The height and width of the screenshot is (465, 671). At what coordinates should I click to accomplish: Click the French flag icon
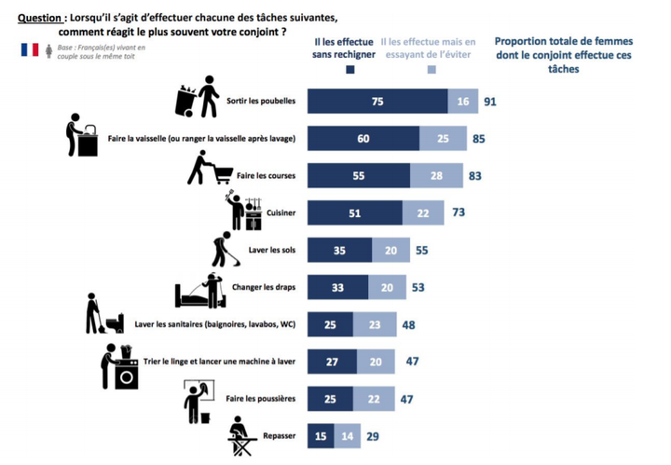pos(30,49)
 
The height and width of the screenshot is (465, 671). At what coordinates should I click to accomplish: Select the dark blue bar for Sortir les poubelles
pos(377,102)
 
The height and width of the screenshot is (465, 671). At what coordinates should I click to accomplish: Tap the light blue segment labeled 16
pos(463,102)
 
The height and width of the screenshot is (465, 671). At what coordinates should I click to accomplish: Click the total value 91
pos(490,102)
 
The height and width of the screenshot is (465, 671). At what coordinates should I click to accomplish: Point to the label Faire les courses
pos(266,175)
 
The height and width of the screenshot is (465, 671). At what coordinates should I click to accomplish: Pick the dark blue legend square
pos(350,70)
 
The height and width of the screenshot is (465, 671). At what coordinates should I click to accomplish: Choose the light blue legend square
pos(431,70)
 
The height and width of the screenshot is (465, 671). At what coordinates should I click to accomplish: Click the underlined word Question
pos(39,18)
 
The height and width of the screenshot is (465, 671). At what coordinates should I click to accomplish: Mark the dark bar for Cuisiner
pos(355,213)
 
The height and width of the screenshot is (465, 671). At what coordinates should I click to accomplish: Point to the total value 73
pos(459,212)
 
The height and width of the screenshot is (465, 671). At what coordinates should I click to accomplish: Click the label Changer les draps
pos(264,287)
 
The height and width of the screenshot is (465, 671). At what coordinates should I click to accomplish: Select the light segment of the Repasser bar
pos(347,436)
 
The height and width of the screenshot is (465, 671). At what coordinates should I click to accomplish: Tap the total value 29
pos(373,436)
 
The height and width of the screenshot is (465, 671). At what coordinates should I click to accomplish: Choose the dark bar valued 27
pos(332,362)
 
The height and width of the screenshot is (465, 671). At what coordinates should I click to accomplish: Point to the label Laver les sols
pos(272,250)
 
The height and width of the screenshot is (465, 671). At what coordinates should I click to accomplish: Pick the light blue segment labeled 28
pos(436,176)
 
